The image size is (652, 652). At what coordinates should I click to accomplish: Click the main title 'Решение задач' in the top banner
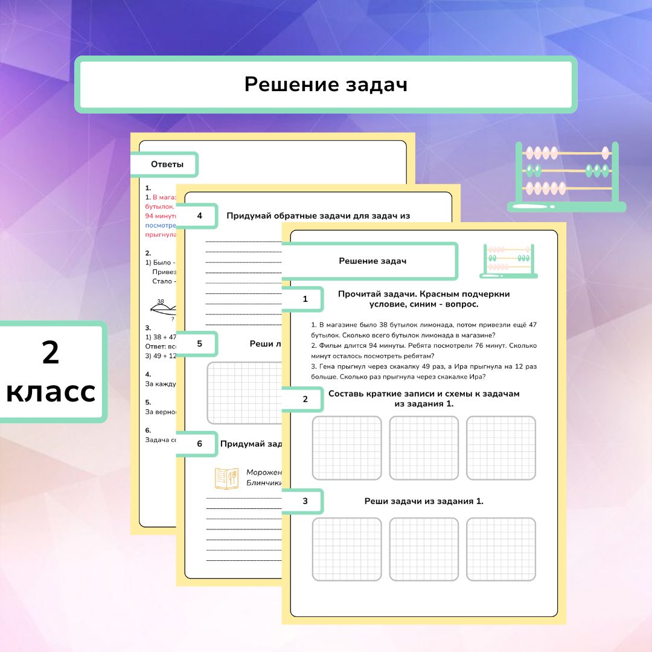[x=326, y=85]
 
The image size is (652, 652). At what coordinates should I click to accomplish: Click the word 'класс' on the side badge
[x=51, y=392]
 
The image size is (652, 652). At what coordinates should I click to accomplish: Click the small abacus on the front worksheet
[x=508, y=261]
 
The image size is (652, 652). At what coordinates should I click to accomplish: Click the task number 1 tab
[x=305, y=299]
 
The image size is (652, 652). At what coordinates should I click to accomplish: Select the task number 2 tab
[x=305, y=399]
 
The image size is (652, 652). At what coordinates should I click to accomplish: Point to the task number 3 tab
[x=305, y=501]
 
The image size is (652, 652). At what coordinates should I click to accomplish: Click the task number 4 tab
[x=199, y=216]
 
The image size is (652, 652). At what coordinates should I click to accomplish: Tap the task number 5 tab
[x=199, y=344]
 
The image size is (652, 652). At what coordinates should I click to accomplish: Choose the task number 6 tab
[x=199, y=444]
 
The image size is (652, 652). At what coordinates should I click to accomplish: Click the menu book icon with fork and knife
[x=227, y=478]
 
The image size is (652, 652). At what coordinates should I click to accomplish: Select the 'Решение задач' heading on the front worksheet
[x=372, y=261]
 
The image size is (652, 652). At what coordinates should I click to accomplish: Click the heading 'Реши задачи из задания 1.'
[x=424, y=501]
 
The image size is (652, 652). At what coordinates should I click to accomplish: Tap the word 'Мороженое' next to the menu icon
[x=264, y=472]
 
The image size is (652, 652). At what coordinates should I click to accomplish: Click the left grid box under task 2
[x=347, y=448]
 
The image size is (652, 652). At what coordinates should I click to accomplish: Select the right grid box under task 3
[x=501, y=549]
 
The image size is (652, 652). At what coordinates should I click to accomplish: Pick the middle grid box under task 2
[x=424, y=448]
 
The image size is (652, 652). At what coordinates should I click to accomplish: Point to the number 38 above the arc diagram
[x=161, y=301]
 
